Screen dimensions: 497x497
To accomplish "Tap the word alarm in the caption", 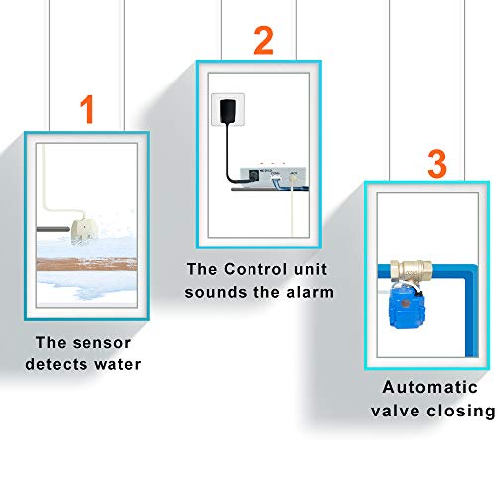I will coord(310,293).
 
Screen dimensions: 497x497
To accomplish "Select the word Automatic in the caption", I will coord(428,389).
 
